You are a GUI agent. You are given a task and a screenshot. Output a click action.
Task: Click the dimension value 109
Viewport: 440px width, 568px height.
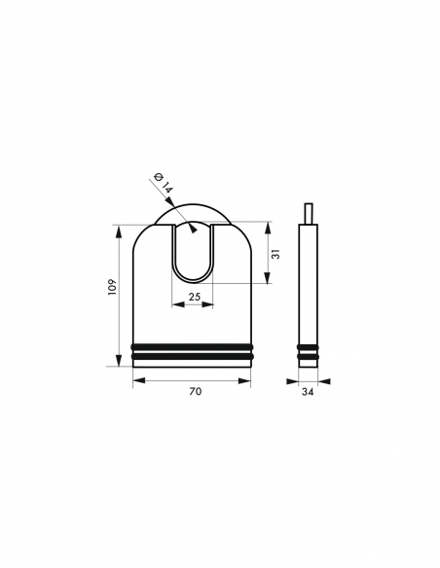click(111, 288)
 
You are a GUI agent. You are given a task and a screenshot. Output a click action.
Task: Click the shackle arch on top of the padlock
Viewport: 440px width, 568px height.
click(194, 207)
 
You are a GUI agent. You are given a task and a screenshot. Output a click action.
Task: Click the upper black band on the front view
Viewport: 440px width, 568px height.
click(194, 347)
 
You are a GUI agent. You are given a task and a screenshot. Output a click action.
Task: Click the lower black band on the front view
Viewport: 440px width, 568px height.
click(194, 359)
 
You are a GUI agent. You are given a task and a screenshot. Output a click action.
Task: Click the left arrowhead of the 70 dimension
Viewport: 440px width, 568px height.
click(135, 380)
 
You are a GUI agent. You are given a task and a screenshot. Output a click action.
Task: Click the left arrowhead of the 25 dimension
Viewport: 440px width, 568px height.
click(175, 304)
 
